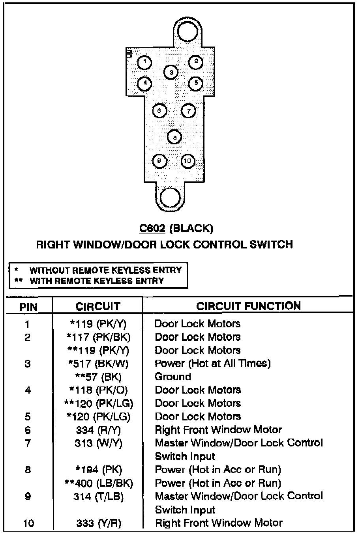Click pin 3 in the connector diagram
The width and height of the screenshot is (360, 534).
[171, 72]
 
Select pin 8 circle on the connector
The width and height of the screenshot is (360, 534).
[174, 137]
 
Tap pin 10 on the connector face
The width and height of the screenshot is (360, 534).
[188, 161]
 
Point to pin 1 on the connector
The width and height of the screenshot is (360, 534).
[145, 62]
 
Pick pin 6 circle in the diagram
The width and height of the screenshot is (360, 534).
[159, 111]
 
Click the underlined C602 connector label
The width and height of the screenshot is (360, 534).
[152, 228]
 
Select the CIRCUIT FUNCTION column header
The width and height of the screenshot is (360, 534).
[248, 306]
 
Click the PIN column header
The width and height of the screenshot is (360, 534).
[28, 307]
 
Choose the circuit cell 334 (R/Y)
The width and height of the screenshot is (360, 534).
[98, 430]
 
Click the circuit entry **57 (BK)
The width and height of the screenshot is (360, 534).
[98, 377]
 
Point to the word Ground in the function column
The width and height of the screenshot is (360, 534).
[173, 377]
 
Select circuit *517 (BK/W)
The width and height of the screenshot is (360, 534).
[98, 363]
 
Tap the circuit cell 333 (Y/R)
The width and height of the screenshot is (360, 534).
[98, 523]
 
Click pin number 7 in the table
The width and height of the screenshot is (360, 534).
[28, 443]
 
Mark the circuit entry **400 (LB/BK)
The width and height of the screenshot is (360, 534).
[98, 483]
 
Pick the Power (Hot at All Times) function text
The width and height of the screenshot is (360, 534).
[212, 363]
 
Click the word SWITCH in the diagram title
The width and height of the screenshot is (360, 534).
[271, 245]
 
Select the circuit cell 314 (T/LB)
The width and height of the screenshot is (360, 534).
[98, 497]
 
